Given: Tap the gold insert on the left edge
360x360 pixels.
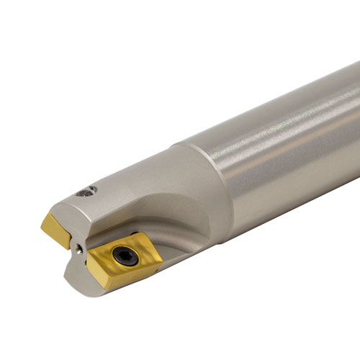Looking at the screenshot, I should point(56,228).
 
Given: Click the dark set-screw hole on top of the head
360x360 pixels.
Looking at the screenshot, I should point(87,191).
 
